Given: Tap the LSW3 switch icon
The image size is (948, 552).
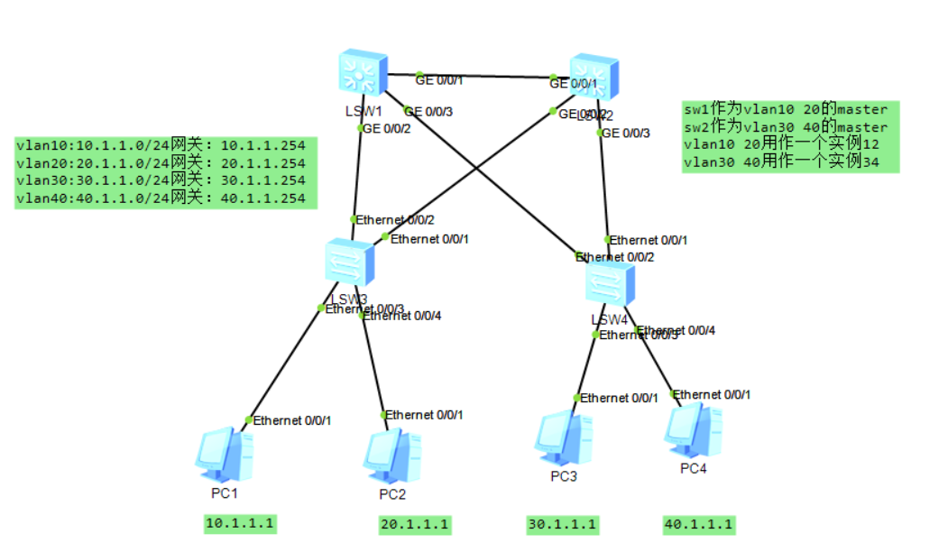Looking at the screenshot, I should click(x=350, y=263).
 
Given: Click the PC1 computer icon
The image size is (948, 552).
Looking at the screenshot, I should click(x=223, y=456).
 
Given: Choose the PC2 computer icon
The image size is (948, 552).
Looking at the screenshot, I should click(x=391, y=458).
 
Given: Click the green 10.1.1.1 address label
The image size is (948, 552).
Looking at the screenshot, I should click(x=240, y=523).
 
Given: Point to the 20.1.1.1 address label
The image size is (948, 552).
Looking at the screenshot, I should click(x=415, y=524).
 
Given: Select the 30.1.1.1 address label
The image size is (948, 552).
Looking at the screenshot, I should click(x=563, y=524).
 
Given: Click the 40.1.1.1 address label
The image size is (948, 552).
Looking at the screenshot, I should click(x=699, y=524).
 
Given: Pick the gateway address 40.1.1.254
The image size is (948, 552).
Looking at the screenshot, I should click(x=263, y=198).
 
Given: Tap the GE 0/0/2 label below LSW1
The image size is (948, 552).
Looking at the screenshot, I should click(x=388, y=129).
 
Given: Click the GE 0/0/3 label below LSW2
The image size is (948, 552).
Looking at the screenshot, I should click(x=628, y=133).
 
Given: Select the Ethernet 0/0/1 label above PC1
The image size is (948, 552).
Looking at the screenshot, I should click(x=292, y=420).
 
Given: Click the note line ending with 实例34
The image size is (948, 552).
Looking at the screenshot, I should click(x=781, y=161).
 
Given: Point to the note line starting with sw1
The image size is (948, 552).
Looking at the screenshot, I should click(x=786, y=110).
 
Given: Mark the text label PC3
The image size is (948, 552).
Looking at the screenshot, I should click(x=563, y=476).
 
